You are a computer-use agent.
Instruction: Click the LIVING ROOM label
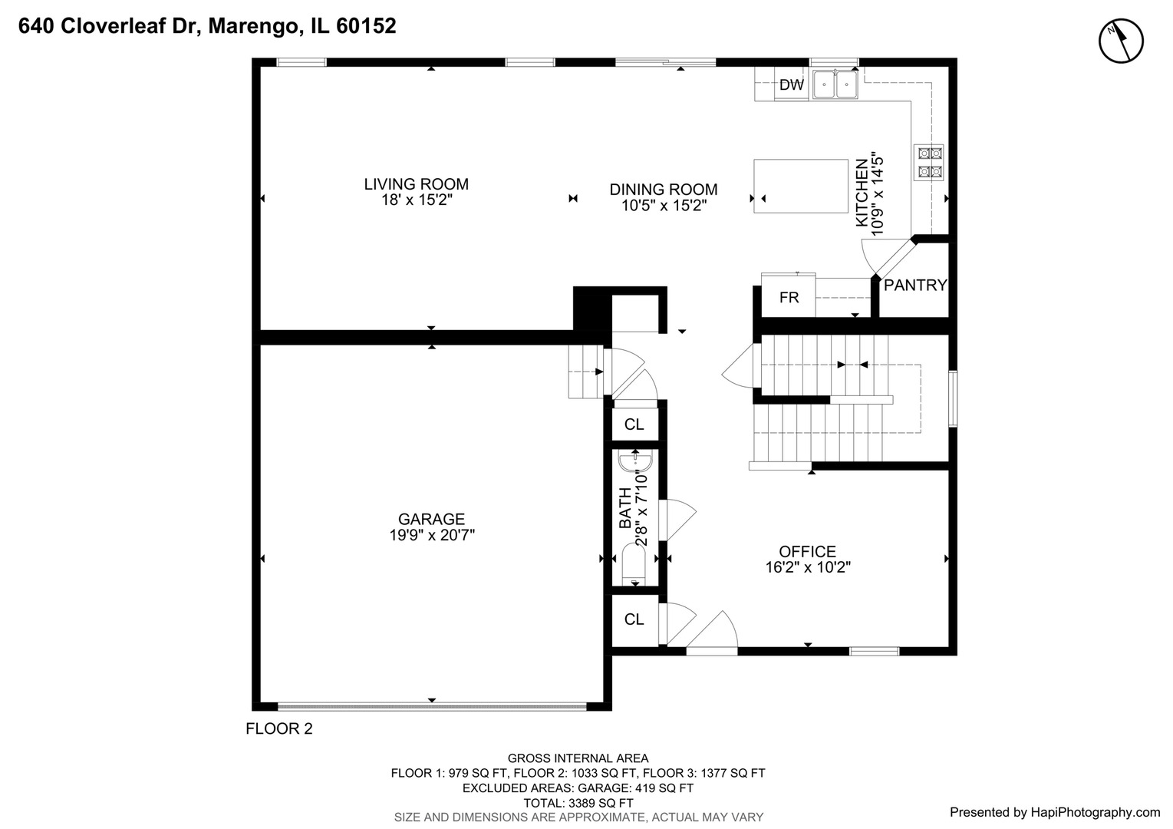[416, 184]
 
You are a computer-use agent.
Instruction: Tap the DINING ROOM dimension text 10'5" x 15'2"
[664, 206]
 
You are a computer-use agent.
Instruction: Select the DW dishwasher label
[791, 85]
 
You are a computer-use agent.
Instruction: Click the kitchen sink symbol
[835, 84]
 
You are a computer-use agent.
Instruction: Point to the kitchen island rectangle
[800, 186]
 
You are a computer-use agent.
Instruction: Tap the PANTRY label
[914, 286]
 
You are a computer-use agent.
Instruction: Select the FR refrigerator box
[789, 297]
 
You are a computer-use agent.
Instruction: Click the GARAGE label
[431, 520]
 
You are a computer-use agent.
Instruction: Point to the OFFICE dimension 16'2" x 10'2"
[808, 568]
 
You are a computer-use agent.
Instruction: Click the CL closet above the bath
[634, 424]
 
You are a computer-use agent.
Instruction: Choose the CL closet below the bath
[634, 619]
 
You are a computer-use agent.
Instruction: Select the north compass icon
[1121, 40]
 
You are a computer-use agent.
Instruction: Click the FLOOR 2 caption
[279, 729]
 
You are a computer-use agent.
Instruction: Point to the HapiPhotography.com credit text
[1055, 812]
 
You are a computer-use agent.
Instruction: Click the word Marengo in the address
[255, 26]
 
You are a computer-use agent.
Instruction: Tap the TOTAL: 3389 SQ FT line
[578, 803]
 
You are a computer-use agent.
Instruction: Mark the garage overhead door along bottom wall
[432, 705]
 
